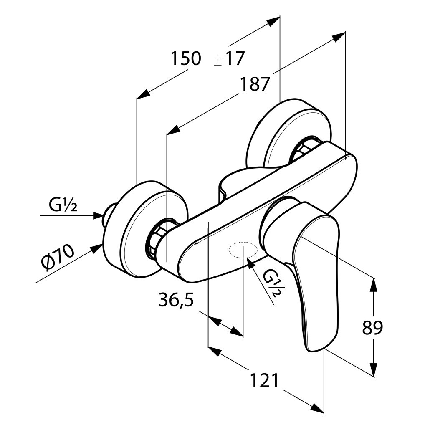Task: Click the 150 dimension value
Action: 186,58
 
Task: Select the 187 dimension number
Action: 254,84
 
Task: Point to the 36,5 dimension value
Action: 176,300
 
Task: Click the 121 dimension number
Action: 265,380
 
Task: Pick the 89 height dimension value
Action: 372,327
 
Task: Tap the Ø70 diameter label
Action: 58,256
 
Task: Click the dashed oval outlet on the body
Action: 243,250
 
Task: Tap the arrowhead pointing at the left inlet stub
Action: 98,215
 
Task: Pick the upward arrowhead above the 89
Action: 374,285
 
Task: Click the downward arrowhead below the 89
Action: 374,369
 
